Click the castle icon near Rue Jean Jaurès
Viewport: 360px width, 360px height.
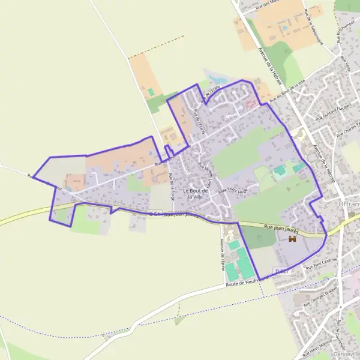(x=293, y=239)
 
